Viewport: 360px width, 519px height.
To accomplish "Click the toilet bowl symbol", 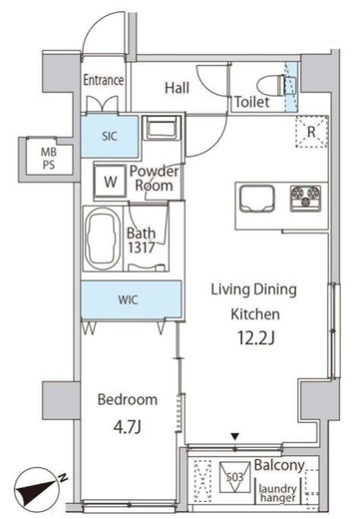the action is click(x=272, y=85).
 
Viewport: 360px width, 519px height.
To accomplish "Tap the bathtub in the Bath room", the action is click(x=103, y=238).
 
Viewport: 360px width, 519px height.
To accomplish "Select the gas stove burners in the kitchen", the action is click(x=306, y=199).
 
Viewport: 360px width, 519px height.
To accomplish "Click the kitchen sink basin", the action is click(x=257, y=199).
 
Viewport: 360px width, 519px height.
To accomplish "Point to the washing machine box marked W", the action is click(x=110, y=182).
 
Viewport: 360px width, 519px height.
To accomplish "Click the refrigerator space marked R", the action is click(x=311, y=132).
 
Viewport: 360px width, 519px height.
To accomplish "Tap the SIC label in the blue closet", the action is click(x=110, y=136).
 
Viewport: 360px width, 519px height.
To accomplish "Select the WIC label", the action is click(x=128, y=299).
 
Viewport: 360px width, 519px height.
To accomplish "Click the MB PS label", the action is click(x=49, y=159).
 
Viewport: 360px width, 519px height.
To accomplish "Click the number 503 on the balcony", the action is click(x=234, y=477).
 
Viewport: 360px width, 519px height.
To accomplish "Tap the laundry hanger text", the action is click(x=277, y=493).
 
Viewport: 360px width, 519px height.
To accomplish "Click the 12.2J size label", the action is click(x=255, y=337).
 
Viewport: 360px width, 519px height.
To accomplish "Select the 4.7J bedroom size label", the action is click(x=128, y=427).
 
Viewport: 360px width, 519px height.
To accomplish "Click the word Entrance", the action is click(x=104, y=80).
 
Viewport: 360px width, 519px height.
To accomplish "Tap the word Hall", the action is click(x=178, y=88).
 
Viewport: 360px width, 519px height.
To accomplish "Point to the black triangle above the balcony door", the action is click(x=235, y=436).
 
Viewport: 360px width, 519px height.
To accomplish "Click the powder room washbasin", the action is click(x=161, y=127).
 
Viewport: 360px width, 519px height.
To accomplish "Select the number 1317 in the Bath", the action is click(x=142, y=248).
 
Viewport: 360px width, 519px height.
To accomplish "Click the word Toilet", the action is click(x=252, y=102).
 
